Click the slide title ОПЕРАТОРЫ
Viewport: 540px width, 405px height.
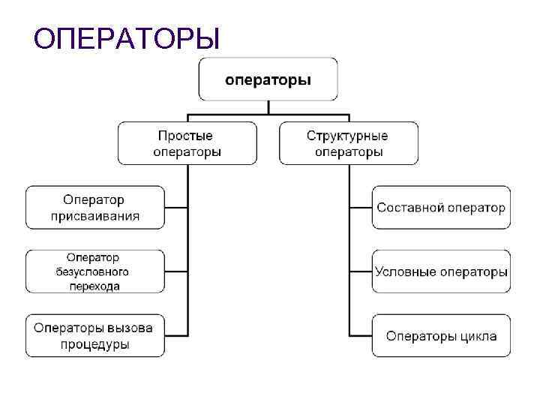click(127, 38)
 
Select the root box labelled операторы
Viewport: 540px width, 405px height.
click(268, 79)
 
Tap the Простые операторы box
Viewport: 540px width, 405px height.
click(187, 143)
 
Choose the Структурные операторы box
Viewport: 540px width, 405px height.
click(348, 143)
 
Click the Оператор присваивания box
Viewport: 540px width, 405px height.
click(94, 208)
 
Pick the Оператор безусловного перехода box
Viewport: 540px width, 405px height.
click(94, 271)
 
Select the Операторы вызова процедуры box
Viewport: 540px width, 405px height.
click(94, 335)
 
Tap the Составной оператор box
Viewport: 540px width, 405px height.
click(441, 208)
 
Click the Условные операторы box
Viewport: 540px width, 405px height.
click(441, 271)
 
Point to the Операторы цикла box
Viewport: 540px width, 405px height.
click(441, 335)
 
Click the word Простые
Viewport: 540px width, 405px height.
click(185, 136)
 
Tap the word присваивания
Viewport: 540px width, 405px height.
click(95, 216)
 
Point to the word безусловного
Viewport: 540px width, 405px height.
click(92, 271)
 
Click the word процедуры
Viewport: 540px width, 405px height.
click(94, 344)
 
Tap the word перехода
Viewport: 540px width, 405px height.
click(92, 285)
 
